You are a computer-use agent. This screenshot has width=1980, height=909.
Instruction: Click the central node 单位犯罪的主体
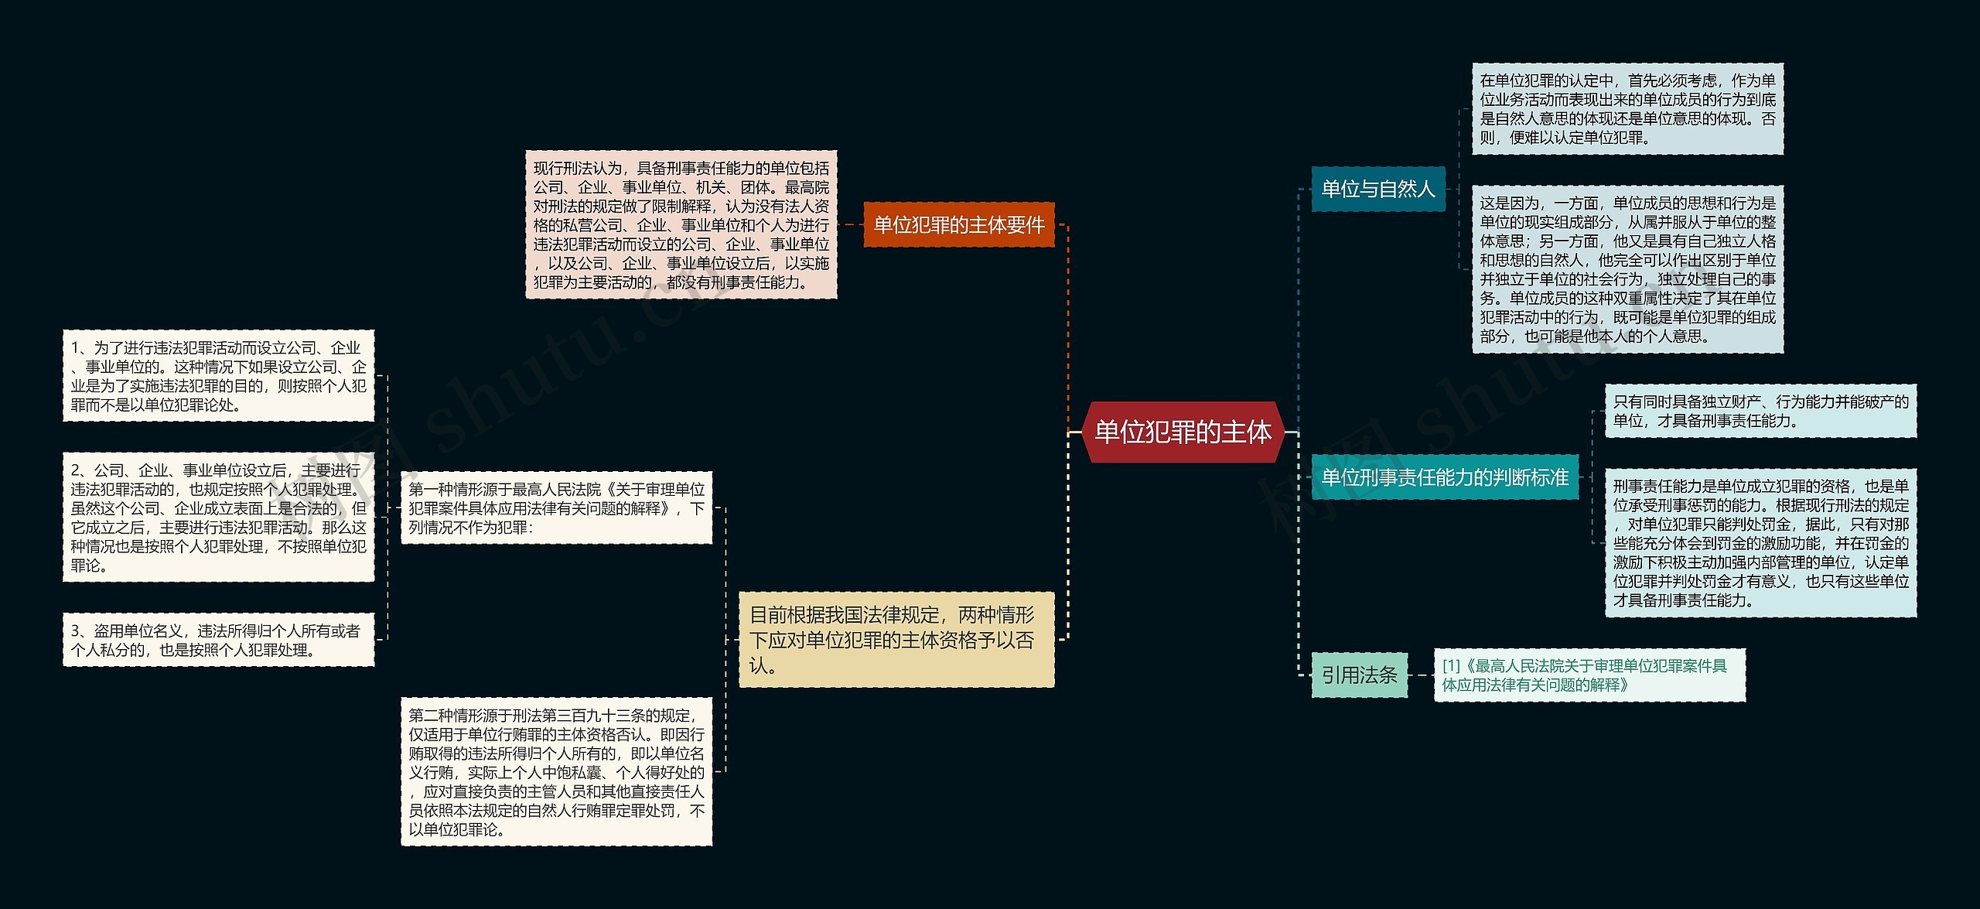(x=1183, y=432)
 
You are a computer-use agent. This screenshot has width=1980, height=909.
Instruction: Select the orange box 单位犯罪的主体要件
(x=958, y=225)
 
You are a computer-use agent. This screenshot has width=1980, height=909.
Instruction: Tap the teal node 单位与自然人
(x=1377, y=189)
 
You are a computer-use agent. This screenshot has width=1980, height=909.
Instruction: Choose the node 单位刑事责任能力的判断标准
(x=1444, y=477)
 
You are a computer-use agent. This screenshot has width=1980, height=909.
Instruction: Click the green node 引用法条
(x=1359, y=675)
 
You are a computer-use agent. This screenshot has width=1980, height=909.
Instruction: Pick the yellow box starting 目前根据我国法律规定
(x=896, y=640)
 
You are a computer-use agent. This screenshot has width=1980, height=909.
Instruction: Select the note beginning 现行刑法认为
(x=681, y=224)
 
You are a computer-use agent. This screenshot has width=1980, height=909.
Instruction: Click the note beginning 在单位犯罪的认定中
(x=1627, y=109)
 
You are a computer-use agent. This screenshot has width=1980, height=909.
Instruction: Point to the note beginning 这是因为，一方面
(x=1627, y=269)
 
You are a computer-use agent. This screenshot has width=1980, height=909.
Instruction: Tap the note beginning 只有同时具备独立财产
(x=1760, y=411)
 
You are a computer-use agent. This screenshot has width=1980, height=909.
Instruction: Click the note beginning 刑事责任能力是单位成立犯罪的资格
(x=1760, y=542)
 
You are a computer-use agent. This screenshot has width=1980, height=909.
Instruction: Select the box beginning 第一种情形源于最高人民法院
(x=556, y=507)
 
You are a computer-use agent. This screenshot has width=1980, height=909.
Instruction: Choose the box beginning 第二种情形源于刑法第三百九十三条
(x=556, y=771)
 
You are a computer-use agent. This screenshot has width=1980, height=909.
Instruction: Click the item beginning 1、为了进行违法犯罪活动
(x=218, y=376)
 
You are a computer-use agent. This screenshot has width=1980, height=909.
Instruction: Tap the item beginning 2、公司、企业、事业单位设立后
(x=218, y=517)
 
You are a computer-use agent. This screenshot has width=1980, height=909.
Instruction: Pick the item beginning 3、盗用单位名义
(x=218, y=640)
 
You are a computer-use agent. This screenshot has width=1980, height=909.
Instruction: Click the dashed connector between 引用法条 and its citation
(x=1421, y=675)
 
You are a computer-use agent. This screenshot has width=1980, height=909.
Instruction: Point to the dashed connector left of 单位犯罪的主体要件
(x=850, y=225)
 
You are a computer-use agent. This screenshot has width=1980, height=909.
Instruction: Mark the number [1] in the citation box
(x=1451, y=666)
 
